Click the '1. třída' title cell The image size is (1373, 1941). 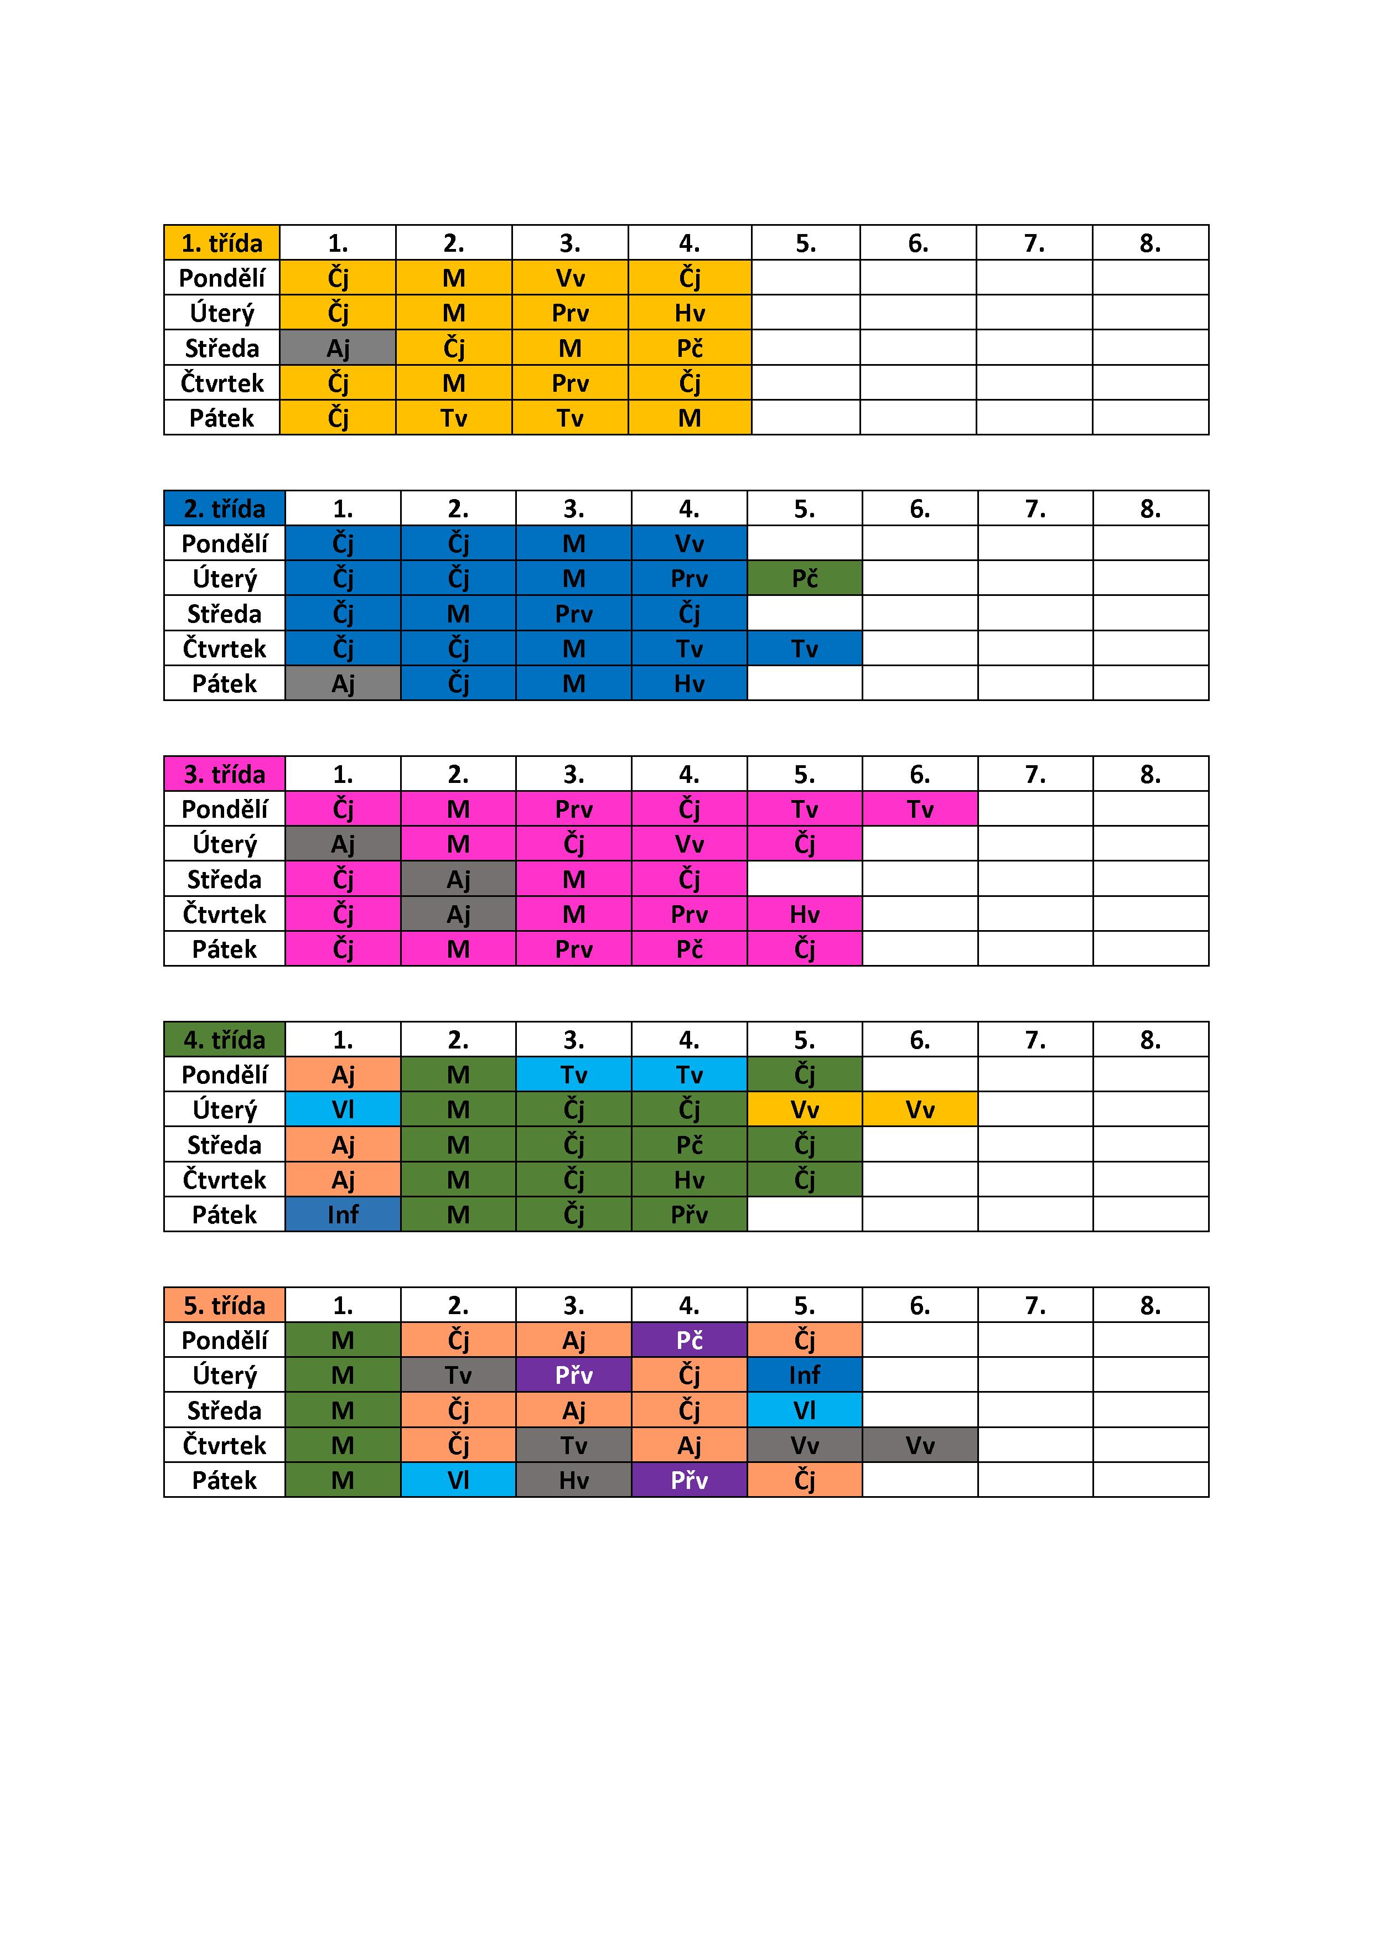221,242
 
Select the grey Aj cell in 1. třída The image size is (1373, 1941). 338,347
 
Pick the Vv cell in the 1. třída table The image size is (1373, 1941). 570,277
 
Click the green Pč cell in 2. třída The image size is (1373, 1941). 804,578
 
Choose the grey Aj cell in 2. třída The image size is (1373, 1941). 343,683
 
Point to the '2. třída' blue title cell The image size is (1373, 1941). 224,508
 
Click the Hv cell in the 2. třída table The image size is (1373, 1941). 689,683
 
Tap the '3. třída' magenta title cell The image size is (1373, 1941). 224,774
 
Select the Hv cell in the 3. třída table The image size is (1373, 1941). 804,914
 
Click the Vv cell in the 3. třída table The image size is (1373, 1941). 689,844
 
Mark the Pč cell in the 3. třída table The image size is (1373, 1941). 689,948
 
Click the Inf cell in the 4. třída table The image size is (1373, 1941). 343,1214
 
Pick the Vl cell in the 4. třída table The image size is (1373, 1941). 343,1109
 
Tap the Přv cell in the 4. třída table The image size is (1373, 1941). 689,1214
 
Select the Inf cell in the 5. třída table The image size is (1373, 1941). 804,1374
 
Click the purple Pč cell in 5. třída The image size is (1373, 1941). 689,1340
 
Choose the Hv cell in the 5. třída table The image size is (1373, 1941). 573,1480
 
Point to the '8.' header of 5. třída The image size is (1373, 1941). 1150,1305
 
